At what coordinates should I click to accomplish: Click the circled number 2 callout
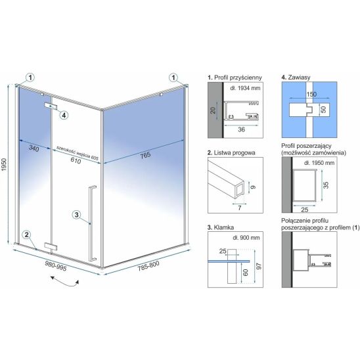pyautogui.click(x=27, y=235)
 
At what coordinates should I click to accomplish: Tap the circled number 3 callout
pyautogui.click(x=76, y=215)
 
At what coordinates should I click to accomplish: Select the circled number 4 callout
pyautogui.click(x=64, y=115)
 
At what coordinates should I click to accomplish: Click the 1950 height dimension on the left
pyautogui.click(x=4, y=164)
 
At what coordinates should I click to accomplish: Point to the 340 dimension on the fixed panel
pyautogui.click(x=34, y=148)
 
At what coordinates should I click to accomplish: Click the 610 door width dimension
pyautogui.click(x=76, y=160)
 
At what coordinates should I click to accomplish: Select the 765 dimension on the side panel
pyautogui.click(x=145, y=156)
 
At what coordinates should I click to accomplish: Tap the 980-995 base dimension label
pyautogui.click(x=56, y=265)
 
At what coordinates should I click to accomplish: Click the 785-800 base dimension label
pyautogui.click(x=148, y=266)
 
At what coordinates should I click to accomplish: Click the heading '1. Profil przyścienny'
pyautogui.click(x=235, y=78)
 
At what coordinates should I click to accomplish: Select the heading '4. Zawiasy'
pyautogui.click(x=296, y=77)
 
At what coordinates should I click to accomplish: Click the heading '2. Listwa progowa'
pyautogui.click(x=231, y=152)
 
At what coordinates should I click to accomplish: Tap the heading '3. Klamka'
pyautogui.click(x=221, y=227)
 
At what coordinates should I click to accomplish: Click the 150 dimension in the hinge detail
pyautogui.click(x=311, y=94)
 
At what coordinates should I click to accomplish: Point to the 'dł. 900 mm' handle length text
pyautogui.click(x=246, y=238)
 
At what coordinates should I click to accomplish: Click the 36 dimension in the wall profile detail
pyautogui.click(x=241, y=129)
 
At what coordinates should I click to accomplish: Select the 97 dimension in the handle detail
pyautogui.click(x=259, y=266)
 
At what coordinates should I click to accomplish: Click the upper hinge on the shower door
pyautogui.click(x=51, y=106)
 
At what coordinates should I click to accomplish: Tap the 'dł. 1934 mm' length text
pyautogui.click(x=245, y=88)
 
